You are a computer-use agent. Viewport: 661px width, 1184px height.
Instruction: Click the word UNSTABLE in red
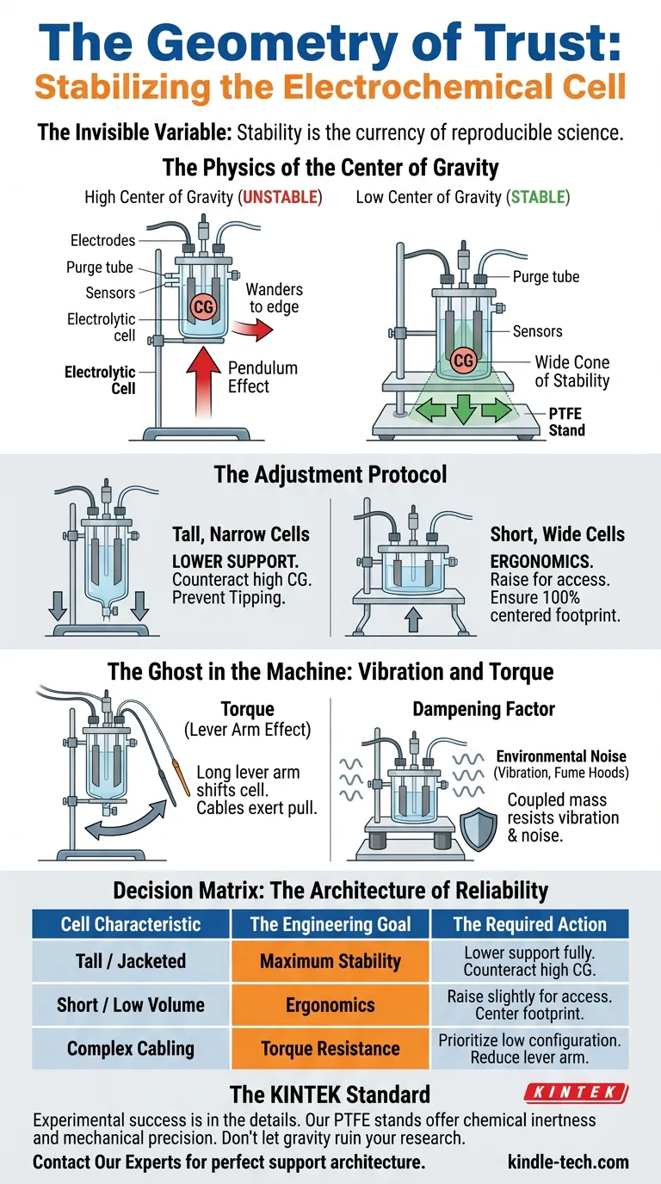281,197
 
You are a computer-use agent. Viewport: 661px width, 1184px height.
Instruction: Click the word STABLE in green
539,197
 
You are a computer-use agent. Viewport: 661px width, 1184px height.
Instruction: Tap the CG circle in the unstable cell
205,306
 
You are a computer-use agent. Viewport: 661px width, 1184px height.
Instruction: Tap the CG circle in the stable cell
463,361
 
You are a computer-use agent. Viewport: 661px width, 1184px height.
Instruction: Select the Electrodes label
103,240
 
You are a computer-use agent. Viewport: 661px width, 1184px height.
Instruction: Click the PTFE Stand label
566,422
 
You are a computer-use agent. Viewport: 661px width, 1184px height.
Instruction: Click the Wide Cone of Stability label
571,371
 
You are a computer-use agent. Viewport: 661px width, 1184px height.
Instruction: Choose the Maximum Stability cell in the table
330,961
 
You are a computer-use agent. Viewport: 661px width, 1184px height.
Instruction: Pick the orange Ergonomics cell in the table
330,1005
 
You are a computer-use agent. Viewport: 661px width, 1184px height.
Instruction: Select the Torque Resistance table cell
330,1049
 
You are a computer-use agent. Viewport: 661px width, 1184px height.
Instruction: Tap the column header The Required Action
529,924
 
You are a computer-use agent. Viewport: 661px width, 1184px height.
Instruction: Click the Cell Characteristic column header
131,924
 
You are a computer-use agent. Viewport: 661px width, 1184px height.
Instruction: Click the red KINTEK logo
577,1094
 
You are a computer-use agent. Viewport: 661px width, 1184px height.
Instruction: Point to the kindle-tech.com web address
569,1162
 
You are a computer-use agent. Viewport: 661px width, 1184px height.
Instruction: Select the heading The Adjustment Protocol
330,474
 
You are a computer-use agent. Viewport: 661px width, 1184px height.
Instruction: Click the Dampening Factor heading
483,709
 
